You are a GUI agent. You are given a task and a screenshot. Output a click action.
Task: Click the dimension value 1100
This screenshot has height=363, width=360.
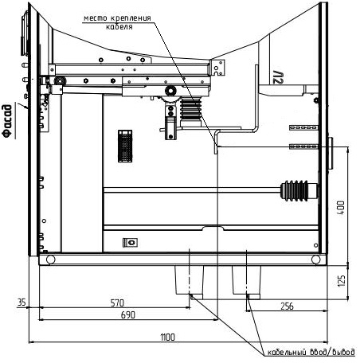168,338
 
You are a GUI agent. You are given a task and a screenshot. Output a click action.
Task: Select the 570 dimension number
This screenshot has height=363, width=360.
117,302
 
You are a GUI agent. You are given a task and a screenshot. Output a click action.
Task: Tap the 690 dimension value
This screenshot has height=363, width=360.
128,315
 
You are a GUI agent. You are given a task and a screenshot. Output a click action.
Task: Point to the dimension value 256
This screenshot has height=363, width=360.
288,306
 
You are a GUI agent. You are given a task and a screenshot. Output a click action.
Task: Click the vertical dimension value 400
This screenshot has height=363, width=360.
342,208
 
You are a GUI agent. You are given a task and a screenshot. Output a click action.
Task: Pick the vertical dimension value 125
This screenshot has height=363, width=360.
342,280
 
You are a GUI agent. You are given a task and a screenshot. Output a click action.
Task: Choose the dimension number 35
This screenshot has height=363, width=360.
22,302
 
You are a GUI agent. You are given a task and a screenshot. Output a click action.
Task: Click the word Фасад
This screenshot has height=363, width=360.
7,121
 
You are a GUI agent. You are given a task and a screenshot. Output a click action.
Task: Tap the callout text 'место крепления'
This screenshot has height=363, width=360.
117,18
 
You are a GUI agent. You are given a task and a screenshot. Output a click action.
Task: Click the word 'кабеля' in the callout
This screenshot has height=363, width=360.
119,27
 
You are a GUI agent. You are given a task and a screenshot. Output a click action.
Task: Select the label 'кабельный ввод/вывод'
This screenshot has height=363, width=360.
311,352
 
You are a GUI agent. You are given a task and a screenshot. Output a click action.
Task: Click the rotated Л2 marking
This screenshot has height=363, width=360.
278,77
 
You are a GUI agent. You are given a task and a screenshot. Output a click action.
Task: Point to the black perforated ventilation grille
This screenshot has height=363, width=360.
125,146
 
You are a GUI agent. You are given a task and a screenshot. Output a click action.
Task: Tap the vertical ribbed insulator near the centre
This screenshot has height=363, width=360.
190,109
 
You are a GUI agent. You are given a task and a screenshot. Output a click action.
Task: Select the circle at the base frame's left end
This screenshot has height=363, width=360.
50,260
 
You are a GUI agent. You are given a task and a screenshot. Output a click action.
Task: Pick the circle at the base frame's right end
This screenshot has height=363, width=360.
316,260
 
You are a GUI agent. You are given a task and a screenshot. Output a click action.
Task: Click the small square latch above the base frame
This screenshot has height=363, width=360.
130,242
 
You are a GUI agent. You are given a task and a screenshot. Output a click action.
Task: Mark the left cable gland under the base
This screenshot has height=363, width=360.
189,282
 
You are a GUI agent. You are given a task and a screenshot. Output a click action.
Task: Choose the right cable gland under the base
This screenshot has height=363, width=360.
246,282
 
